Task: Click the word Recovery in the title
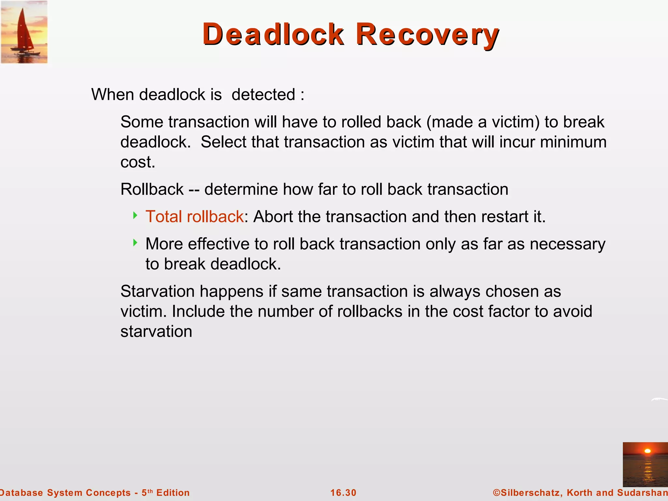(427, 34)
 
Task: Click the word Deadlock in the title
(273, 34)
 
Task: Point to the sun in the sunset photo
(648, 451)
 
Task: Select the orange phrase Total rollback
(194, 217)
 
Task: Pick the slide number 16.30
(343, 493)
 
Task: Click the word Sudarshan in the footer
(642, 493)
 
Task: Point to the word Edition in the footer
(173, 493)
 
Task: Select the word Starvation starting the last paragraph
(157, 291)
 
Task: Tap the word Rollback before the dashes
(152, 190)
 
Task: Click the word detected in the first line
(263, 95)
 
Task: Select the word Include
(198, 311)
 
